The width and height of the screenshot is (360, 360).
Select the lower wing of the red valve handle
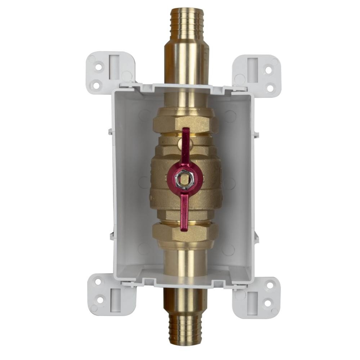point(184,212)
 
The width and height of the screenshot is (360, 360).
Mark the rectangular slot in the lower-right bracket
point(252,298)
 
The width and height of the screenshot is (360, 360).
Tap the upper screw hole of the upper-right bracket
point(268,69)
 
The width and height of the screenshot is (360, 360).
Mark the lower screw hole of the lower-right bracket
point(267,303)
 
